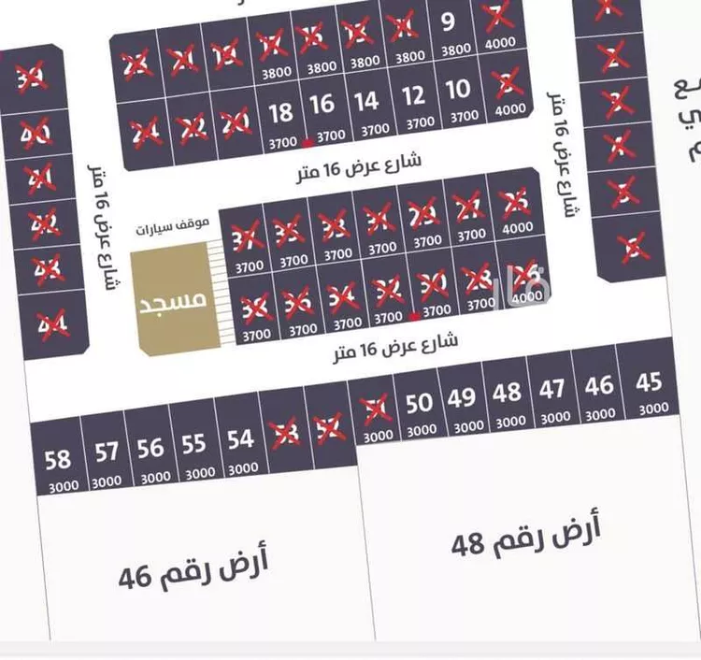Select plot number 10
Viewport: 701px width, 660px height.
[x=458, y=91]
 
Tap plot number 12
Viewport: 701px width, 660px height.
[x=413, y=95]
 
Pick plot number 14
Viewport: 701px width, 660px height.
[x=367, y=100]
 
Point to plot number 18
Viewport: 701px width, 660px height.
[x=280, y=113]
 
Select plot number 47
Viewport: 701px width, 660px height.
[x=552, y=388]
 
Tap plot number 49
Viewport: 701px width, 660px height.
[x=461, y=396]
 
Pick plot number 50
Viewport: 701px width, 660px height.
[x=420, y=402]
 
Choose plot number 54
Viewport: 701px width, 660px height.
[x=240, y=438]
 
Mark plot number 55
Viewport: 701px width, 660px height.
[x=193, y=443]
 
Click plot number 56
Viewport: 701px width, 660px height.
[x=150, y=447]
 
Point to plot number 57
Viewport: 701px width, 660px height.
[x=107, y=452]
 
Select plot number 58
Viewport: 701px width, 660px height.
[x=58, y=459]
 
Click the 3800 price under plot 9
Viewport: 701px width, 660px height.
[x=455, y=50]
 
